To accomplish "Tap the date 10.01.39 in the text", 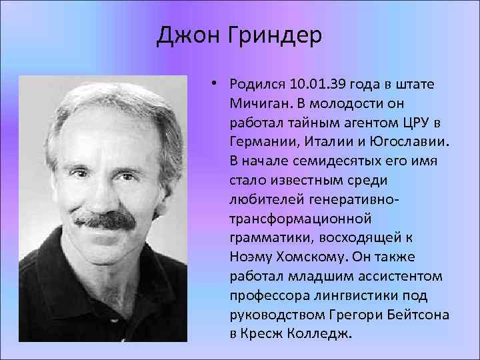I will coord(313,85).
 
